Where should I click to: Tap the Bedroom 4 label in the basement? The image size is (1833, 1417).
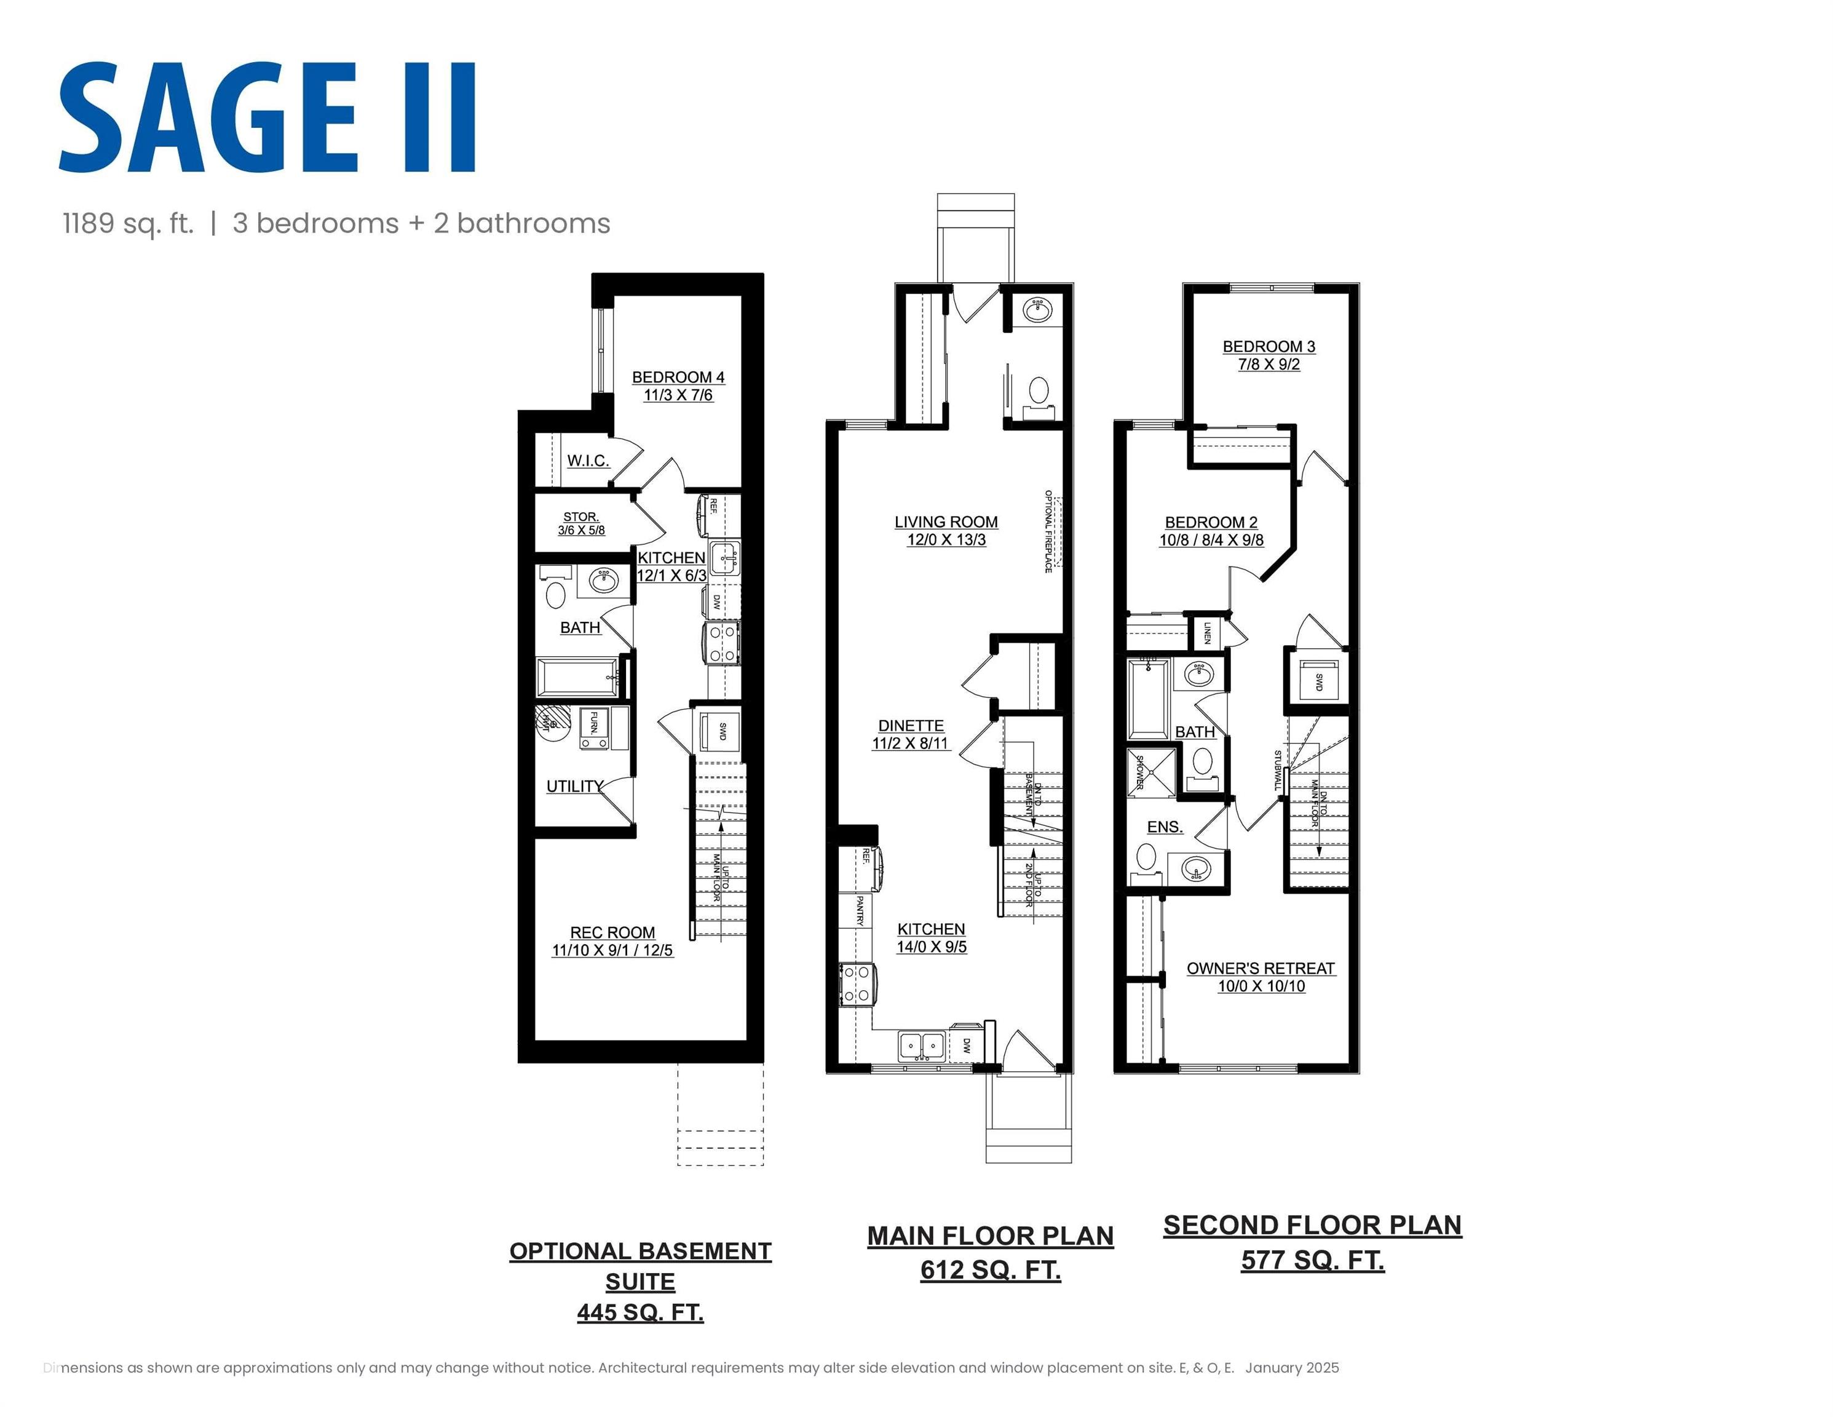pos(678,378)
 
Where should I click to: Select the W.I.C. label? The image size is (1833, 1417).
pos(587,461)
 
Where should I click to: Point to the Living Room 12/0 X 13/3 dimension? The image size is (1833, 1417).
pos(946,540)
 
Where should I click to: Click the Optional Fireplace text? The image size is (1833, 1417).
pos(1048,531)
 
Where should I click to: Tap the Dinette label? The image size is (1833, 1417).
pos(911,725)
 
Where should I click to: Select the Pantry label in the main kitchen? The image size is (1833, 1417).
pos(860,911)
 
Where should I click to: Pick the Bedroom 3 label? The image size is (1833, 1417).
pos(1268,347)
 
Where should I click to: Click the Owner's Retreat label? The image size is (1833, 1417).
pos(1260,969)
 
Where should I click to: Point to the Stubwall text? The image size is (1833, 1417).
pos(1277,771)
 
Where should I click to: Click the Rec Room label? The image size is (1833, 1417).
pos(612,932)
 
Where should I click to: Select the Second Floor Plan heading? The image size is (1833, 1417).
pos(1312,1226)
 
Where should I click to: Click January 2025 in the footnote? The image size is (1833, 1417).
pos(1292,1367)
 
